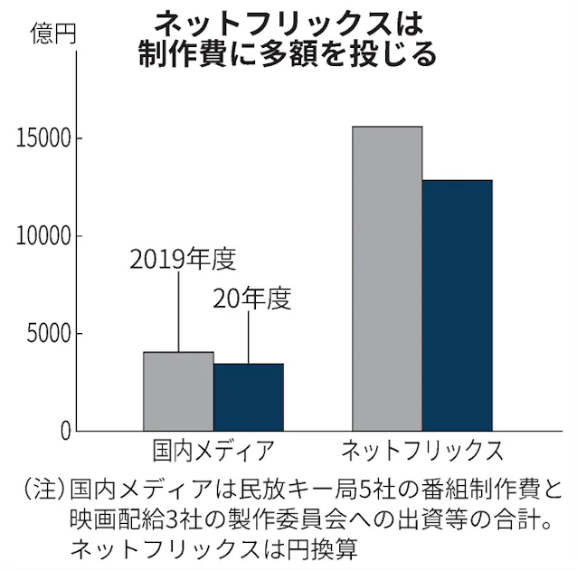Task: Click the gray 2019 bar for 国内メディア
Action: tap(178, 391)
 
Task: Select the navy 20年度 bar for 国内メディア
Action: tap(249, 397)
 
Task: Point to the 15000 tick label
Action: tap(42, 138)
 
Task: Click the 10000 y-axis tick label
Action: tap(42, 236)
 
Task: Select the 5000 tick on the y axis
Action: tap(48, 334)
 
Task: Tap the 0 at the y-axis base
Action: tap(65, 432)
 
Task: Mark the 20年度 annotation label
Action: tap(252, 300)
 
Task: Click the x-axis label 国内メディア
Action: tap(213, 450)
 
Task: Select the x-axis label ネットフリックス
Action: tap(422, 450)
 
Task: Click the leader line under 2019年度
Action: tap(178, 312)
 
